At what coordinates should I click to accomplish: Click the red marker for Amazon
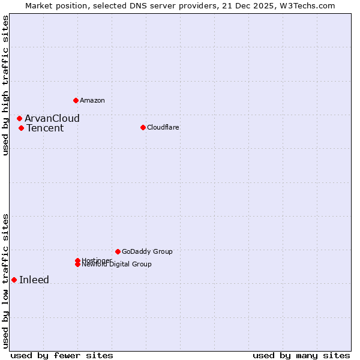click(76, 100)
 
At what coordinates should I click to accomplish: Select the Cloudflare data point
click(143, 127)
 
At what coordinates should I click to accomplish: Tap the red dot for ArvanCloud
click(19, 118)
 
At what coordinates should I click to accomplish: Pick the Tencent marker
click(21, 128)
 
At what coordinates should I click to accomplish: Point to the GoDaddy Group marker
click(118, 251)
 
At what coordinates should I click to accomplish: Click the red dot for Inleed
click(14, 280)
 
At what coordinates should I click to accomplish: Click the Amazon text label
click(92, 100)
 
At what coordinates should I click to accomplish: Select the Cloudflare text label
click(163, 127)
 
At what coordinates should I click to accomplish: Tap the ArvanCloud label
click(52, 118)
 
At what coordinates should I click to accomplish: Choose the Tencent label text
click(45, 128)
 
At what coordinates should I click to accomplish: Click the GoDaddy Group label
click(147, 251)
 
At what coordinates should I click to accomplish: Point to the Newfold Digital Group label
click(117, 265)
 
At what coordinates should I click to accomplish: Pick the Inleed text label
click(34, 280)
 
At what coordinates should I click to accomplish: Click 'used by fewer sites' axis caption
click(62, 355)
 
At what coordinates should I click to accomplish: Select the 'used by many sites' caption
click(301, 355)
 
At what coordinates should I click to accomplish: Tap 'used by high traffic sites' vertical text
click(5, 85)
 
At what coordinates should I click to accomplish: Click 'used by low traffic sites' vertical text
click(5, 281)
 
